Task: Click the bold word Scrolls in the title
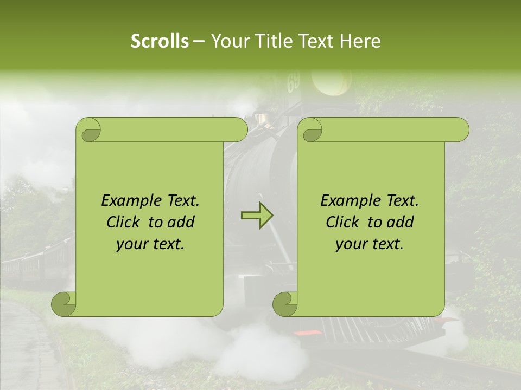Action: pos(160,41)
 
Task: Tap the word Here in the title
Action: pos(360,41)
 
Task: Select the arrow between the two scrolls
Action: pos(257,216)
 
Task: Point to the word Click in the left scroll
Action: pos(125,223)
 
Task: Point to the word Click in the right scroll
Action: pos(345,223)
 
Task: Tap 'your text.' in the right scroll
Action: pos(370,244)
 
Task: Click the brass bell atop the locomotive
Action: pos(265,119)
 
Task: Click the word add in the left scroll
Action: pos(181,223)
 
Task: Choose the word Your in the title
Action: pos(227,41)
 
